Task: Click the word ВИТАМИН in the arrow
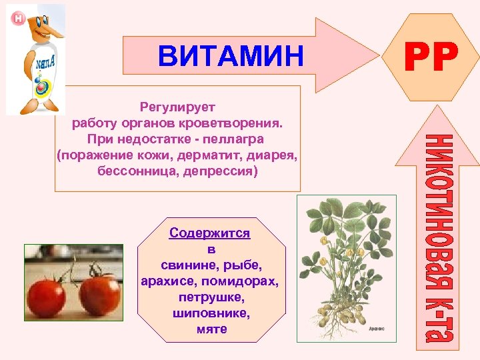(230, 55)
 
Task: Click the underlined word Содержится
(209, 233)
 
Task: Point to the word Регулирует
(177, 106)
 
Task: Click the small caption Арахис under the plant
(377, 329)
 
